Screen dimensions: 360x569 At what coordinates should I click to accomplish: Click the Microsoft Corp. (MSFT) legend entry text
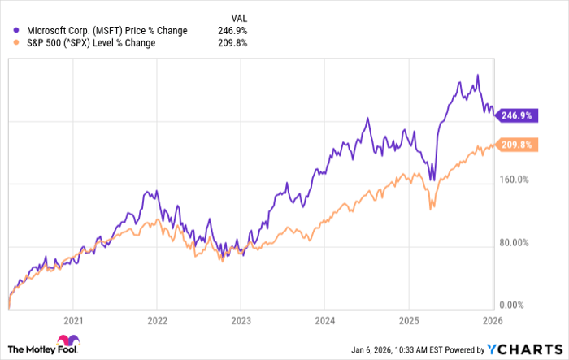click(102, 30)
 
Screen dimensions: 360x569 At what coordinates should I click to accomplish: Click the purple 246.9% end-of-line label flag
click(515, 116)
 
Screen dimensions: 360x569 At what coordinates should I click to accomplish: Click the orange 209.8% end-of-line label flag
click(515, 145)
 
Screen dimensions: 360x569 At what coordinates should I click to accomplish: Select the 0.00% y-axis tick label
click(514, 305)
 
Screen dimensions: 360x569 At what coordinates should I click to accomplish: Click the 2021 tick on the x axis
click(74, 320)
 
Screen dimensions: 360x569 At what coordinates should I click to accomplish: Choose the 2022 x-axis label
click(157, 320)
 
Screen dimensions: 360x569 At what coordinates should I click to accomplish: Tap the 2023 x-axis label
click(241, 320)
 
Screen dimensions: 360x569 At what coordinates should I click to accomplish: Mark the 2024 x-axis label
click(324, 320)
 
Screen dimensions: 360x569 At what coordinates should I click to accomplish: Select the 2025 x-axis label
click(408, 320)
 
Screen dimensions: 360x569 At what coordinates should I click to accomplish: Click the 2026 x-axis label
click(491, 320)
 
